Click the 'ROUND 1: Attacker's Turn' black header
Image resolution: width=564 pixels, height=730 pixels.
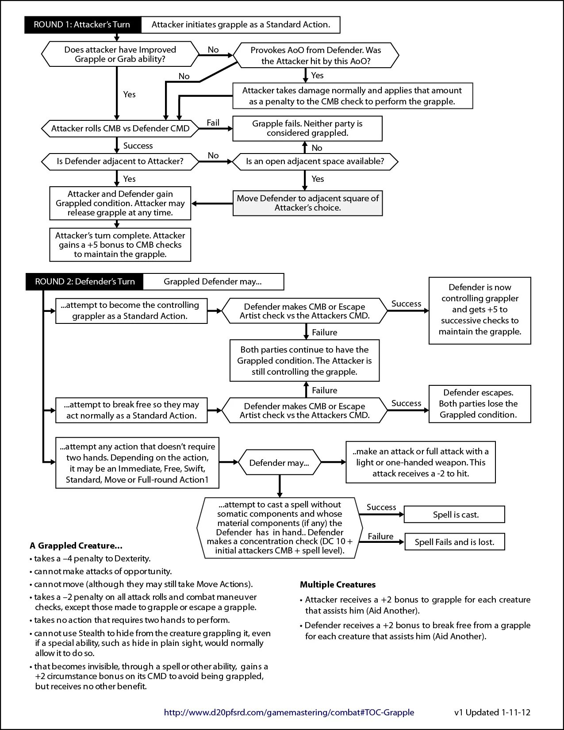[82, 25]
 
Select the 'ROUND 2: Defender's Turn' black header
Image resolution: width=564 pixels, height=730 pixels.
[85, 282]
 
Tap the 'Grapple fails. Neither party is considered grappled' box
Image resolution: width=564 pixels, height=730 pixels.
[307, 128]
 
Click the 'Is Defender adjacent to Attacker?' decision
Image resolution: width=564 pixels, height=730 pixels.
[120, 161]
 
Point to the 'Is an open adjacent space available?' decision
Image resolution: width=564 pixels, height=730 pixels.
[315, 161]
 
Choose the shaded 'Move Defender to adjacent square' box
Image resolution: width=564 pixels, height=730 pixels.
[307, 203]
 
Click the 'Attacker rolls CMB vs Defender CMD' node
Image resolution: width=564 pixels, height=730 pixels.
[120, 129]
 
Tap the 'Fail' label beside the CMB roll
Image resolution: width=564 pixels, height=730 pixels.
[213, 123]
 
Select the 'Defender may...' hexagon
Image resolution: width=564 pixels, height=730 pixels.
[279, 463]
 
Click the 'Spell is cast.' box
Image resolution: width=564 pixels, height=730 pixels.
[454, 515]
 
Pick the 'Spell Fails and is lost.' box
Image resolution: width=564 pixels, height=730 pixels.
[454, 542]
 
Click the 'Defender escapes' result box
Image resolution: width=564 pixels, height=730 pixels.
[480, 403]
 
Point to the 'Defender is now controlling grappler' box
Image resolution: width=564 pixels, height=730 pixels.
[480, 310]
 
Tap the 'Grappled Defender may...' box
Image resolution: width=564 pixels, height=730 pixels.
[213, 282]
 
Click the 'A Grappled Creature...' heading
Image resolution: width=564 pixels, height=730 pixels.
[76, 546]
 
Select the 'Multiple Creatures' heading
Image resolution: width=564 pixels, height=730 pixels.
[338, 584]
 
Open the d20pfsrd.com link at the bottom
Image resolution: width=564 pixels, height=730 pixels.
[289, 712]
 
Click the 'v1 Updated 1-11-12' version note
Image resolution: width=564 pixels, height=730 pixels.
[492, 712]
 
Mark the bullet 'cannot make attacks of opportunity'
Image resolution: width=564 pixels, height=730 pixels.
[103, 571]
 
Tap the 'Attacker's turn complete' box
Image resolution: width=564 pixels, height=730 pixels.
[120, 245]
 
